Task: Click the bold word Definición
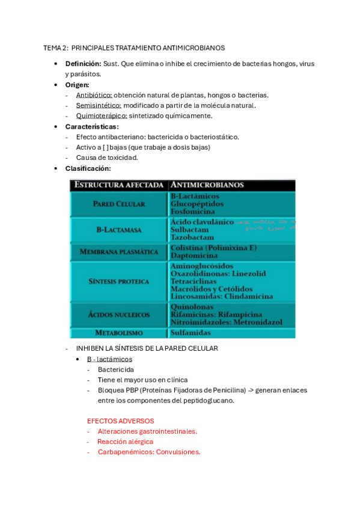[x=83, y=64]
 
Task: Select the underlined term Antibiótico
[x=94, y=95]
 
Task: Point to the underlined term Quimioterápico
[x=101, y=115]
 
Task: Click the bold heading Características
[x=91, y=126]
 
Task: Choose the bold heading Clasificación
[x=88, y=168]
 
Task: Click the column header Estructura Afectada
[x=118, y=185]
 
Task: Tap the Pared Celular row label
[x=119, y=204]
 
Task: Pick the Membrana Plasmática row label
[x=119, y=251]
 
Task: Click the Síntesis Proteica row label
[x=119, y=281]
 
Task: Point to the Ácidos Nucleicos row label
[x=119, y=315]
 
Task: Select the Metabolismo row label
[x=119, y=333]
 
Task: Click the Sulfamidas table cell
[x=191, y=333]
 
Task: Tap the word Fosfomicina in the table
[x=194, y=212]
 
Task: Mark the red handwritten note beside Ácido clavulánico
[x=264, y=225]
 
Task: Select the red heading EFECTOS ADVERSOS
[x=120, y=421]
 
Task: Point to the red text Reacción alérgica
[x=125, y=441]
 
